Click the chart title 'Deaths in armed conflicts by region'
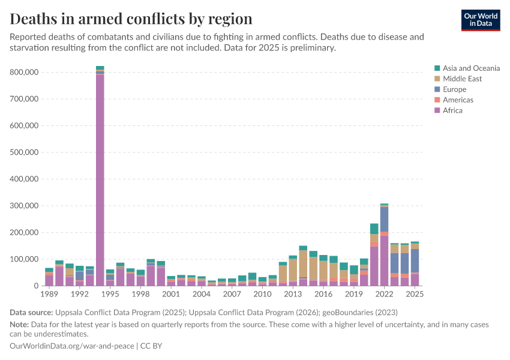click(131, 19)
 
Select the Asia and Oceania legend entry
click(470, 68)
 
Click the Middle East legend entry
click(462, 79)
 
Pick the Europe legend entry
click(454, 89)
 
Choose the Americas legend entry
click(458, 100)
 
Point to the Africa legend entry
click(452, 110)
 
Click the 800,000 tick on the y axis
click(25, 72)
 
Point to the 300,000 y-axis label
click(25, 206)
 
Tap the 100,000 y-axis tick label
click(25, 259)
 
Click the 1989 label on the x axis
click(49, 295)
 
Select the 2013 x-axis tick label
click(293, 295)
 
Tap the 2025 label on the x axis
click(415, 295)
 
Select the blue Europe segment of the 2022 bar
click(384, 219)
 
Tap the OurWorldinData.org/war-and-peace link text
click(73, 346)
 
